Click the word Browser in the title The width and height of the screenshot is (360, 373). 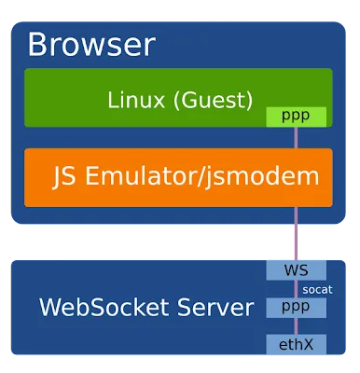point(91,45)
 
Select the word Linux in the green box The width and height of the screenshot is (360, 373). point(136,100)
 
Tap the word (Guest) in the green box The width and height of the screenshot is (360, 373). point(213,100)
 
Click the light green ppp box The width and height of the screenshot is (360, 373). point(296,117)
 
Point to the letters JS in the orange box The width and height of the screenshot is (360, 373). point(64,176)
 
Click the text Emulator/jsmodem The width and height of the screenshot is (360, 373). point(202,175)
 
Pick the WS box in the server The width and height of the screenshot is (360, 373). point(296,270)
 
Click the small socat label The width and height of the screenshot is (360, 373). point(317,289)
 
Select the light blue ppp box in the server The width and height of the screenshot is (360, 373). point(296,308)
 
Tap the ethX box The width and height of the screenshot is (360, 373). point(296,344)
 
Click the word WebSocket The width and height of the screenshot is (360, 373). point(104,308)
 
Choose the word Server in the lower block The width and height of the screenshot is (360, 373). point(215,308)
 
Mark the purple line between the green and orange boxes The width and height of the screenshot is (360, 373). point(296,138)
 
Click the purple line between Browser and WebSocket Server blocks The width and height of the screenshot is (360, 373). point(296,234)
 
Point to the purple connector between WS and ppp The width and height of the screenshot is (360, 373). point(296,289)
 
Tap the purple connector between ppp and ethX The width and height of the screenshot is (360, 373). point(296,326)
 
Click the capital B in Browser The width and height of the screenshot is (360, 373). point(37,45)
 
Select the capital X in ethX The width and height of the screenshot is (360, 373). point(307,345)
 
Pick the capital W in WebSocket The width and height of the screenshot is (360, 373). point(49,308)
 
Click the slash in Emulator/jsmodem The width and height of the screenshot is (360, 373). point(201,176)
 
